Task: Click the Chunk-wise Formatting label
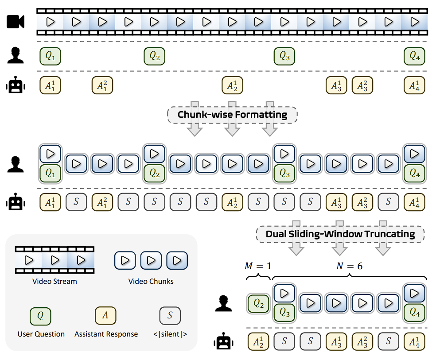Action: point(232,115)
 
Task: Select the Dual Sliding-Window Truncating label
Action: point(340,234)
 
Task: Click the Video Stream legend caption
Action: point(54,281)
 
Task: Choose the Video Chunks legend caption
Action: point(151,281)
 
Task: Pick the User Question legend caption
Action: point(41,334)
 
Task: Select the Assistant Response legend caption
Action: point(106,334)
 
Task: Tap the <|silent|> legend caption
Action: point(170,334)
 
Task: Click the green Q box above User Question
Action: point(40,316)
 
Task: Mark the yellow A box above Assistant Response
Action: point(106,316)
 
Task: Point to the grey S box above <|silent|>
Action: point(170,316)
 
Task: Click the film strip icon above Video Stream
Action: point(54,259)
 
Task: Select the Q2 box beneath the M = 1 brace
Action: point(258,304)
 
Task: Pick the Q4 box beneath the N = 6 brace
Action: point(414,313)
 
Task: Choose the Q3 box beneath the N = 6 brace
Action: point(284,313)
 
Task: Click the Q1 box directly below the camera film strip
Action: point(50,56)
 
